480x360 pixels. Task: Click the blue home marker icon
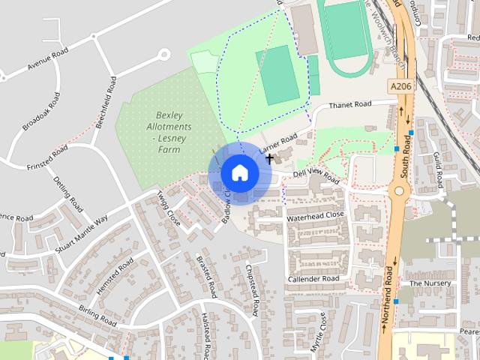239,172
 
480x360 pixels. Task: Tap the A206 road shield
401,88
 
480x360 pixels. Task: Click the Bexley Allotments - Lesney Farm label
170,132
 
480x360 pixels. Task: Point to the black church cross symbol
269,159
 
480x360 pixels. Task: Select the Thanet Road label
349,104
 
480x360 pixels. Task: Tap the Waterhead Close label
315,215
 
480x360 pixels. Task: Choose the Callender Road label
313,278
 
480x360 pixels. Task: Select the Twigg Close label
169,208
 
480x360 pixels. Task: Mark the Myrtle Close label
318,332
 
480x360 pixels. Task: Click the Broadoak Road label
40,112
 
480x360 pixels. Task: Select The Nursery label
430,283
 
